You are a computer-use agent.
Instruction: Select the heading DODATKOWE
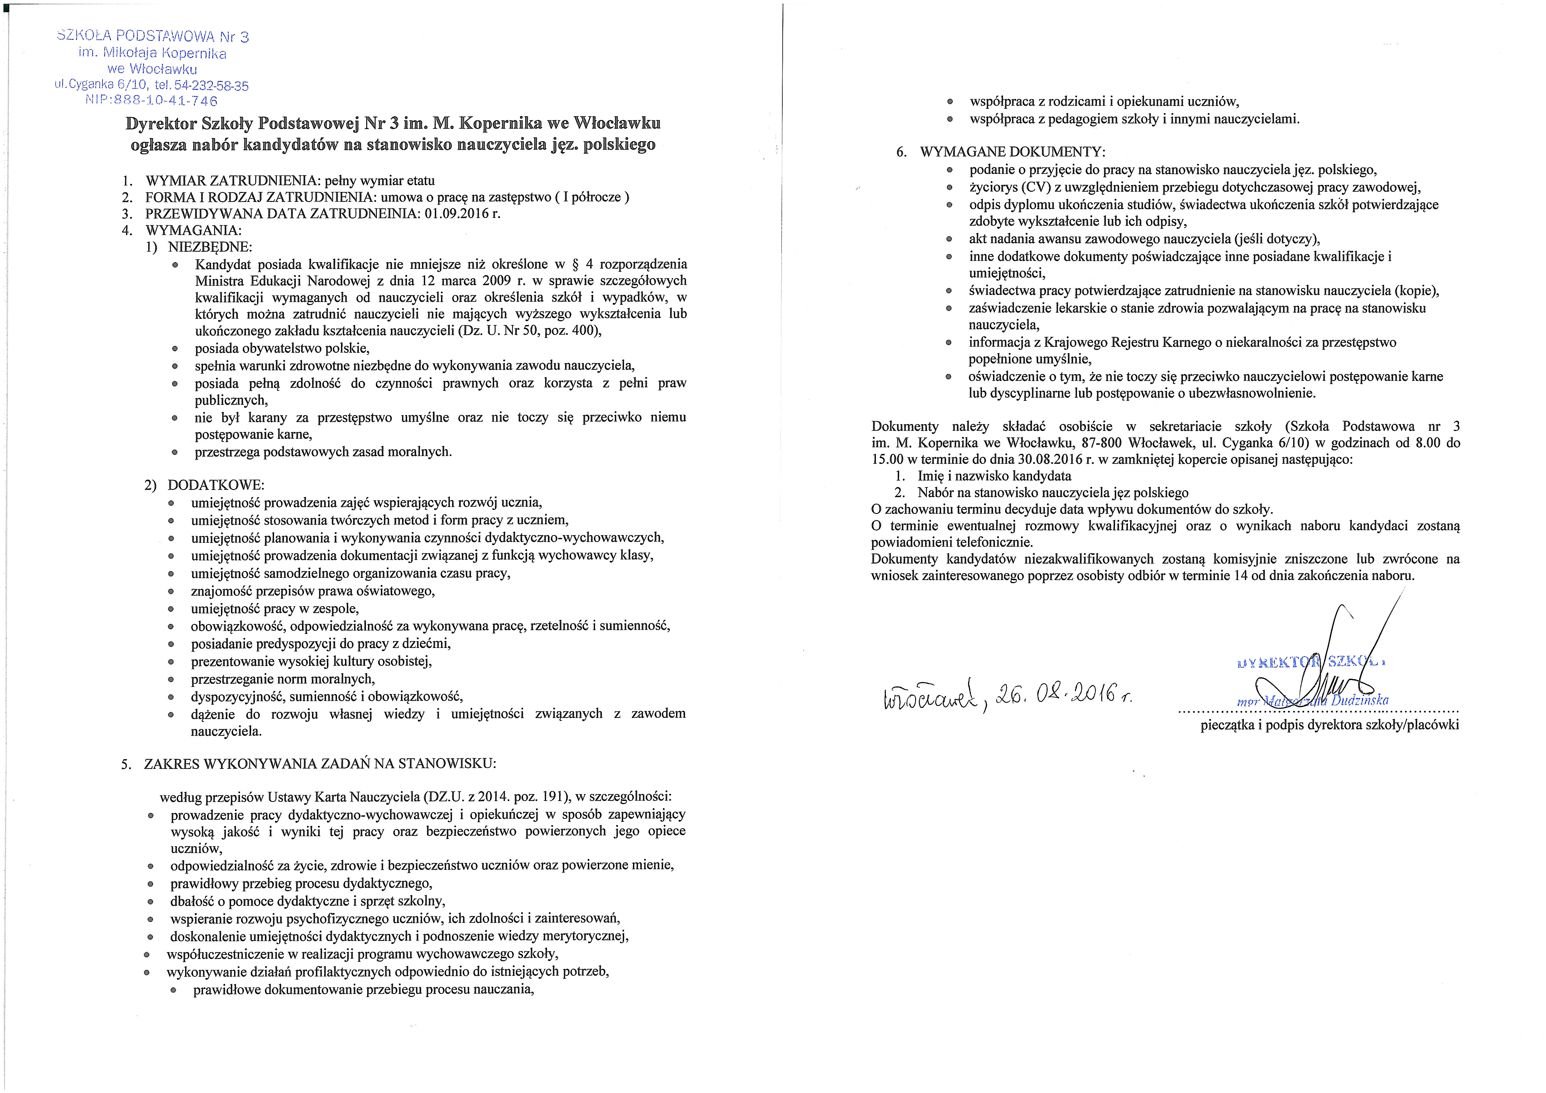215,485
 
